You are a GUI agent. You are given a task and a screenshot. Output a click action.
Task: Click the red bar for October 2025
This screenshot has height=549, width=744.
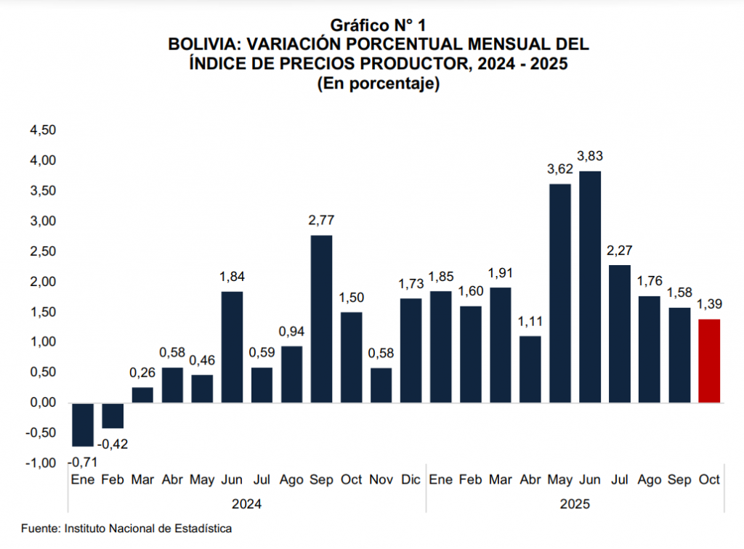[708, 361]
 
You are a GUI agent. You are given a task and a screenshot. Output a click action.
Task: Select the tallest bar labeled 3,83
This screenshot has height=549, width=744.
[589, 287]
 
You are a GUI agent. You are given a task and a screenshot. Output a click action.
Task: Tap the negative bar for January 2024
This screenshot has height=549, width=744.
[83, 425]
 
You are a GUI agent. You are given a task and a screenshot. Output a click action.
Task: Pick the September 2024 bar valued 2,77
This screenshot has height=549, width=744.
[321, 319]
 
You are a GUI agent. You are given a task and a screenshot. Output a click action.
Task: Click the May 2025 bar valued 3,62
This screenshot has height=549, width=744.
[559, 293]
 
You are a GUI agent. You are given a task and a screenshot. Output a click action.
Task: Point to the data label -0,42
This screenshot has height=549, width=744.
[112, 444]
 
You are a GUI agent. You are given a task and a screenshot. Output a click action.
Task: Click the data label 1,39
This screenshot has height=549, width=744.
[708, 303]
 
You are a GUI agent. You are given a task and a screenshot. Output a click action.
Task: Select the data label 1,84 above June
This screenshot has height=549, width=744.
[232, 276]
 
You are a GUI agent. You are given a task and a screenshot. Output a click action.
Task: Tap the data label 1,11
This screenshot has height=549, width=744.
[530, 320]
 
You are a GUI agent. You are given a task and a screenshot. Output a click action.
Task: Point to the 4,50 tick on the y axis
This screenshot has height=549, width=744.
[41, 131]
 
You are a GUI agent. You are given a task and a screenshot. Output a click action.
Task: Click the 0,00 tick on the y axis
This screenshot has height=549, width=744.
[41, 403]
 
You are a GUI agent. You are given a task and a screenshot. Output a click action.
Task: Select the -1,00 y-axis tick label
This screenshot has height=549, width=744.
[40, 463]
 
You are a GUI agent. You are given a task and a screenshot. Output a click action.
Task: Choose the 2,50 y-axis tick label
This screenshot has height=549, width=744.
[41, 251]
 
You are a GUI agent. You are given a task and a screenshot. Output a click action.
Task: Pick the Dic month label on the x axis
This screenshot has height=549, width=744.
[411, 480]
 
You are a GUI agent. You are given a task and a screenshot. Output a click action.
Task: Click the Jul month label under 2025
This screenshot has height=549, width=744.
[619, 480]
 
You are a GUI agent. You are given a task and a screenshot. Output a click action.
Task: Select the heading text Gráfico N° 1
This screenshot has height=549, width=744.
[378, 27]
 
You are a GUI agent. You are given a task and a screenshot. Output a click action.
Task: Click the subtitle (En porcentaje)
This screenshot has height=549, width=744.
[378, 84]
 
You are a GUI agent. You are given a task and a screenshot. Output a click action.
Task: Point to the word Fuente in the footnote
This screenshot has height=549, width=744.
[40, 528]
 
